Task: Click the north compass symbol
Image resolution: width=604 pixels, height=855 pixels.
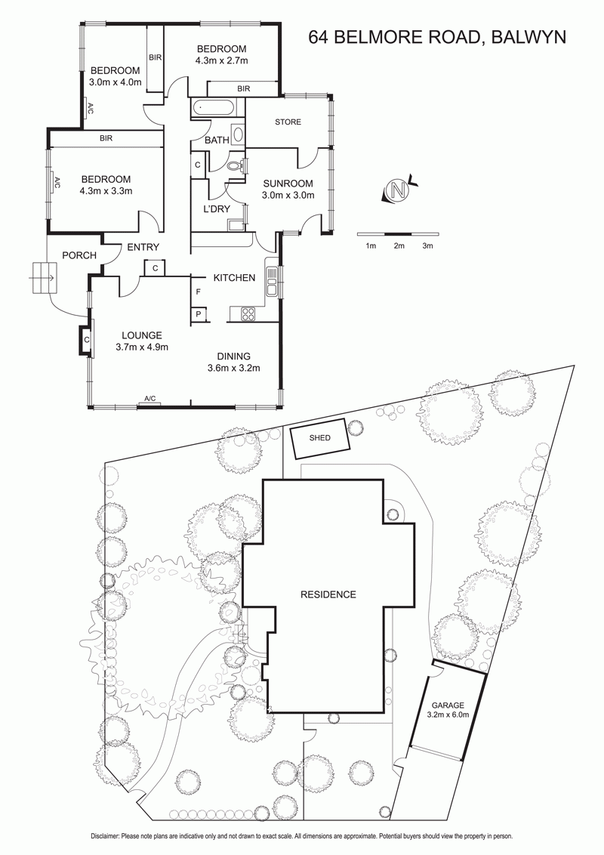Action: (x=399, y=190)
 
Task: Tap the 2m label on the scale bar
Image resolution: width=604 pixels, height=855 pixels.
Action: (x=399, y=246)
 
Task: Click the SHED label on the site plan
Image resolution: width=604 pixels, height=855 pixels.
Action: (x=320, y=437)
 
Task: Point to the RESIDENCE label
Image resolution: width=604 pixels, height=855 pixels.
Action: (x=328, y=594)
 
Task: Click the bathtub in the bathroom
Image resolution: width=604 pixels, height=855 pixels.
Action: (x=214, y=108)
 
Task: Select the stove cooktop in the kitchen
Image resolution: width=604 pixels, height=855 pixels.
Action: (x=248, y=314)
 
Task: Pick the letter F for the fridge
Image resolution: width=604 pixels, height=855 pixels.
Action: (x=199, y=292)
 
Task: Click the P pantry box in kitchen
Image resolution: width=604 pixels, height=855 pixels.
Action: (x=199, y=314)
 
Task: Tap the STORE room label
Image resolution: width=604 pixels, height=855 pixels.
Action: (x=288, y=122)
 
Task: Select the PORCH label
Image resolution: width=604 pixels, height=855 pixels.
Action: (x=79, y=255)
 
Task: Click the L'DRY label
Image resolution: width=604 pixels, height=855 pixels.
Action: (x=217, y=209)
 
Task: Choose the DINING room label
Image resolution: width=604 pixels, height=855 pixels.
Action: (x=233, y=357)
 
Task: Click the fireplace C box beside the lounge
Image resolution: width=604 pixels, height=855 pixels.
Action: (x=86, y=340)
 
